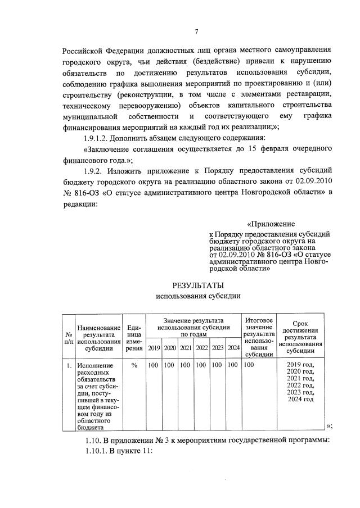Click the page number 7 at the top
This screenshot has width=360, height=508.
point(196,31)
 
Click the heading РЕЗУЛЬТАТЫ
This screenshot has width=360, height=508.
point(198,285)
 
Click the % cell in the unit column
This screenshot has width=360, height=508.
point(134,366)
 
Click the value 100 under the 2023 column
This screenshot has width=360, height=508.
point(217,366)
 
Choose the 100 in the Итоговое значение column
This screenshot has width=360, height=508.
point(250,366)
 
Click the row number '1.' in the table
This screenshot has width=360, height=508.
point(68,366)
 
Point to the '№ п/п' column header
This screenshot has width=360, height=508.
point(68,337)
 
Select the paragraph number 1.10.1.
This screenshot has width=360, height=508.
point(96,450)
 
